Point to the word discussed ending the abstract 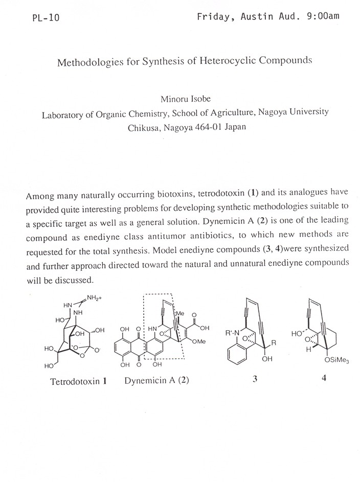[x=76, y=281]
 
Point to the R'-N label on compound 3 [x=233, y=333]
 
